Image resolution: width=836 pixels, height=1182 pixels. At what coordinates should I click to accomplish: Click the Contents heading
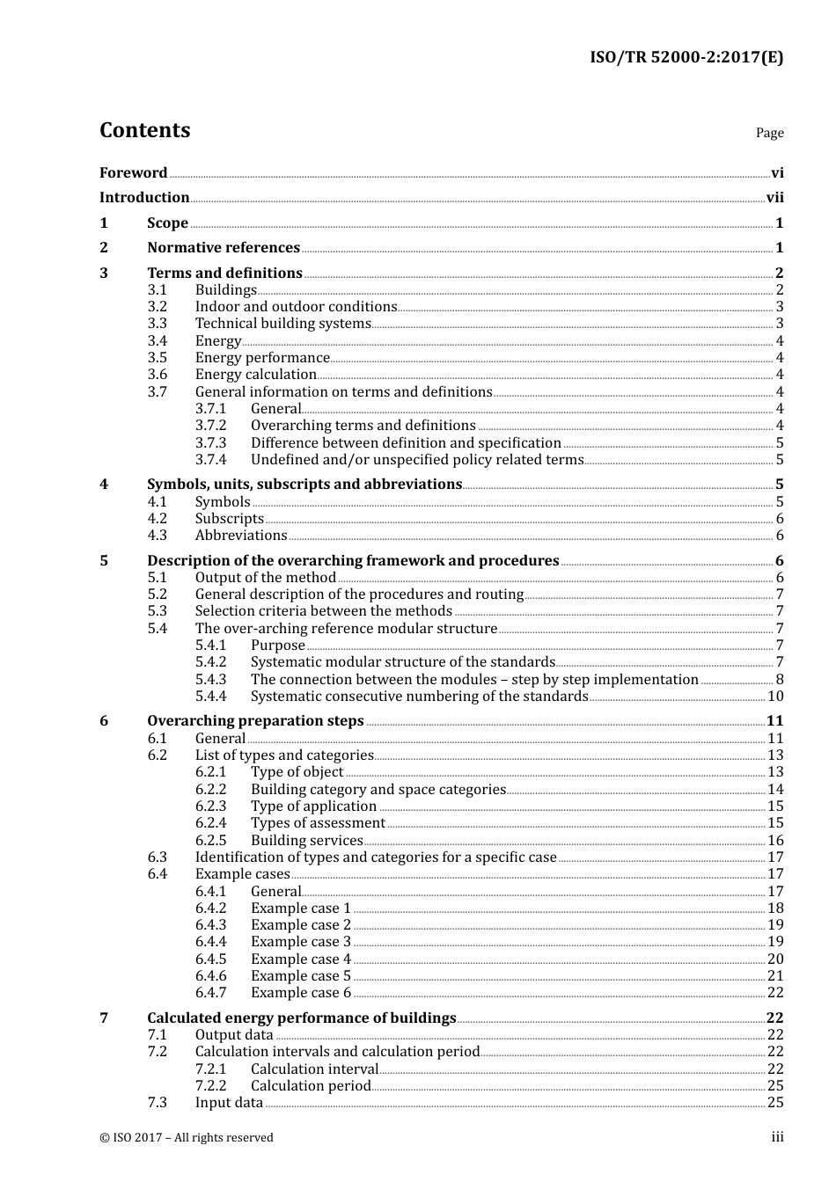pyautogui.click(x=144, y=130)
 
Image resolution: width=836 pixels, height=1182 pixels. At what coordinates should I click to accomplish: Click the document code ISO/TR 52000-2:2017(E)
pyautogui.click(x=686, y=57)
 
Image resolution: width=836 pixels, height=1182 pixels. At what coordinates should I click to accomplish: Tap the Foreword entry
pyautogui.click(x=133, y=173)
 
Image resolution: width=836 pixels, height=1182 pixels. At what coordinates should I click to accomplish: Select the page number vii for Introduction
pyautogui.click(x=774, y=198)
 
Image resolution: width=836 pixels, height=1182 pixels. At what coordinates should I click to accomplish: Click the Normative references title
pyautogui.click(x=224, y=248)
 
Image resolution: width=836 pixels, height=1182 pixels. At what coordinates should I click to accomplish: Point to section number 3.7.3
pyautogui.click(x=210, y=443)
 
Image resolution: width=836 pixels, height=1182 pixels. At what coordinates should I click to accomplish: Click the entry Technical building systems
pyautogui.click(x=282, y=324)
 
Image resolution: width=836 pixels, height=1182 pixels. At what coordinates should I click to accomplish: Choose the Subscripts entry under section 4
pyautogui.click(x=229, y=519)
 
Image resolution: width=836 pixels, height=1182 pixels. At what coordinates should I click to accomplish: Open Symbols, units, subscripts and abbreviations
pyautogui.click(x=304, y=485)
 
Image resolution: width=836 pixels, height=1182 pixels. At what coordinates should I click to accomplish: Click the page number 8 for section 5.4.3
pyautogui.click(x=780, y=680)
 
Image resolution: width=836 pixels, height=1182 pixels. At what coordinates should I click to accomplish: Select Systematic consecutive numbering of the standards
pyautogui.click(x=419, y=697)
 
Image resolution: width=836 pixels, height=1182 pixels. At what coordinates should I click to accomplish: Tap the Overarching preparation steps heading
pyautogui.click(x=255, y=721)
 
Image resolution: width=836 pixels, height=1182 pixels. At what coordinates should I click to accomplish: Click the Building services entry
pyautogui.click(x=306, y=841)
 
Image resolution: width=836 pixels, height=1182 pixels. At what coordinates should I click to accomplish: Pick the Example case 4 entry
pyautogui.click(x=300, y=959)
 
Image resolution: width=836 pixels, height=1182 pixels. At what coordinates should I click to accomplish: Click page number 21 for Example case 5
pyautogui.click(x=775, y=976)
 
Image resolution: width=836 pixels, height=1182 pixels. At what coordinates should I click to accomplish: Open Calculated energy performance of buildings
pyautogui.click(x=301, y=1018)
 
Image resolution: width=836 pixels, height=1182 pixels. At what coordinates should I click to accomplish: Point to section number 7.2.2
pyautogui.click(x=210, y=1086)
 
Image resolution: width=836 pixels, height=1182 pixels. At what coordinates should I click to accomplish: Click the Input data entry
pyautogui.click(x=229, y=1103)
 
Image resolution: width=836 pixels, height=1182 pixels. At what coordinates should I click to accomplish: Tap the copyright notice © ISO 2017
pyautogui.click(x=187, y=1138)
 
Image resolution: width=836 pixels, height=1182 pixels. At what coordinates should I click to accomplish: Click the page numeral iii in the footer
pyautogui.click(x=778, y=1137)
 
